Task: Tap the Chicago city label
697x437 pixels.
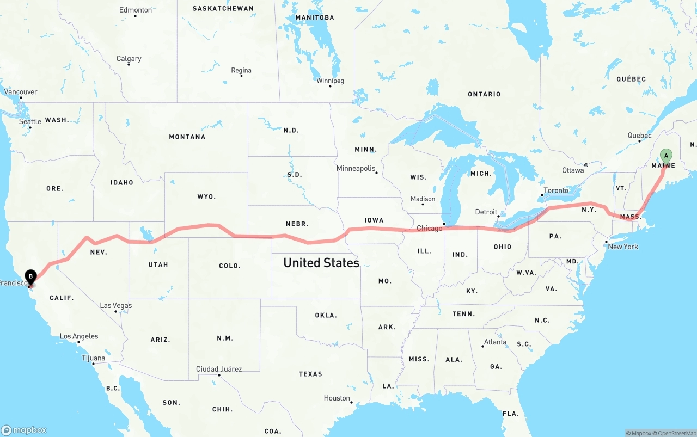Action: [430, 228]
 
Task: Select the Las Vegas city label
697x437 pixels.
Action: [116, 305]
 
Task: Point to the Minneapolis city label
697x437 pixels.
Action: [356, 168]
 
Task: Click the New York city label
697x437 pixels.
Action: [623, 247]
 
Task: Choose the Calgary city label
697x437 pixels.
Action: [129, 58]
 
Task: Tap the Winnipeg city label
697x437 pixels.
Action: [331, 81]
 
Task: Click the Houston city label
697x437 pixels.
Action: [337, 398]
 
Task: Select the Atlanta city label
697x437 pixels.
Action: [495, 342]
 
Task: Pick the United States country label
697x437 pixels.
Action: [321, 263]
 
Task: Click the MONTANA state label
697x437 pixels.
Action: [187, 137]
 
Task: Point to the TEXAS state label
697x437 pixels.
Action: [310, 374]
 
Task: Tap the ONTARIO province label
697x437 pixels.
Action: [484, 94]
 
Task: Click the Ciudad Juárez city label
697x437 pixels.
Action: [219, 369]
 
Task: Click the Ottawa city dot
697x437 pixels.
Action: [586, 165]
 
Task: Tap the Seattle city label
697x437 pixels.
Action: [30, 121]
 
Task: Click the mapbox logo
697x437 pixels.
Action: [24, 430]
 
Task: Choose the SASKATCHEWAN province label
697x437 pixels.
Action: [223, 8]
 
